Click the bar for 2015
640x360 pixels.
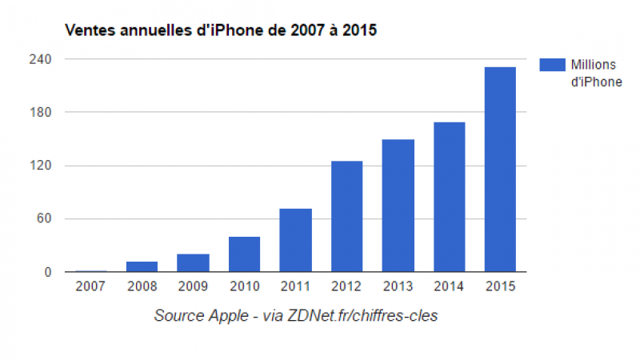(x=500, y=170)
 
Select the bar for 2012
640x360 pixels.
(x=346, y=217)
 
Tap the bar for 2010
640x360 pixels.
(x=244, y=254)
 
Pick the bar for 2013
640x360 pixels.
(x=398, y=206)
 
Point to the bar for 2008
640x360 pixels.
(x=142, y=266)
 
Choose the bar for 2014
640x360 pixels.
(x=449, y=197)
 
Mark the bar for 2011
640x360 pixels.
(x=295, y=240)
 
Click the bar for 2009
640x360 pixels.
(x=193, y=263)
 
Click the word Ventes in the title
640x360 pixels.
(x=86, y=30)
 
